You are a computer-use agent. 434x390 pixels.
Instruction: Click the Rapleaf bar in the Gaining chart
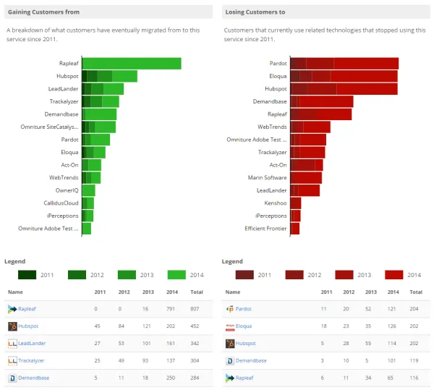pos(131,63)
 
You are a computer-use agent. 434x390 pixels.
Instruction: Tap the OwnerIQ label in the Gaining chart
pos(67,190)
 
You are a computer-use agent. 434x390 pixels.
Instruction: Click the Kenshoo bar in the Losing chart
pos(295,203)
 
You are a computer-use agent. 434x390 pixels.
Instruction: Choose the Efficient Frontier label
pos(265,228)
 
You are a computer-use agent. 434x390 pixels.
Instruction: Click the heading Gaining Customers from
pos(43,12)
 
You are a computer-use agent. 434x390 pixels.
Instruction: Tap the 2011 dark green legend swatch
pos(27,275)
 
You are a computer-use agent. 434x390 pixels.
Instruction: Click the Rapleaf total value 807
pos(196,309)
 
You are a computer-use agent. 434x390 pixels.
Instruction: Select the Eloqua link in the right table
pos(245,326)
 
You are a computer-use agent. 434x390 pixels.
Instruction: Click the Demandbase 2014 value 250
pos(171,378)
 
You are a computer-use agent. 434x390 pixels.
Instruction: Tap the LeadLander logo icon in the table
pos(12,344)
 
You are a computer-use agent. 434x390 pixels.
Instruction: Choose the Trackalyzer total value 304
pos(196,360)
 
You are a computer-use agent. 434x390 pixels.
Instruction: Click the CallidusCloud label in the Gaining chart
pos(61,203)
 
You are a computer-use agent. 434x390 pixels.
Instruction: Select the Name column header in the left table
pos(16,292)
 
